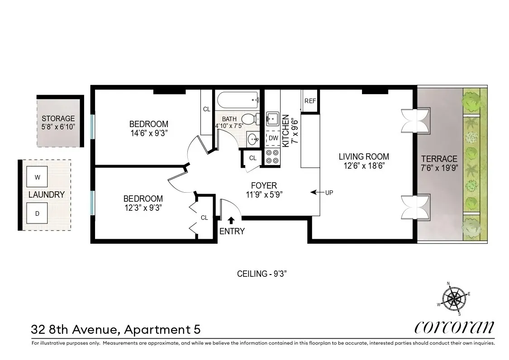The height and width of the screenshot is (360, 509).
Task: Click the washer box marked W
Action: tap(38, 177)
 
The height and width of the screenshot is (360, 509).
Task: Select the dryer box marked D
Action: tap(38, 213)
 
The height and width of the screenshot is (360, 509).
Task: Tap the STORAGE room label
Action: tap(58, 118)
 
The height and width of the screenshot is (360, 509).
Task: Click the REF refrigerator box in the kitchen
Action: tap(310, 101)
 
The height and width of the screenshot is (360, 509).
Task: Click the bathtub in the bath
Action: tap(238, 99)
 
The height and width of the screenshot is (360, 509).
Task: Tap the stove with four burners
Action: tap(272, 156)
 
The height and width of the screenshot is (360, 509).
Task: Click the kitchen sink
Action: tap(273, 119)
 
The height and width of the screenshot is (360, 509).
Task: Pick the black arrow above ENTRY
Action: tap(231, 220)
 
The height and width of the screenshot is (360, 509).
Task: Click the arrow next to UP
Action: tap(315, 193)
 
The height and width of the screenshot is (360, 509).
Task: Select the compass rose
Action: tap(454, 298)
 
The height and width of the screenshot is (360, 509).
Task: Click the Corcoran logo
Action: tap(454, 327)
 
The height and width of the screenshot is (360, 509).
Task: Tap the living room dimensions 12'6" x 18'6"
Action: tap(364, 166)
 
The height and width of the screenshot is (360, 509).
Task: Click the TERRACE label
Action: tap(439, 159)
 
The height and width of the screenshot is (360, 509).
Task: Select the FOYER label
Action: tap(264, 185)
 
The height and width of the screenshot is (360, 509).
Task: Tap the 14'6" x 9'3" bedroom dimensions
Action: tap(148, 133)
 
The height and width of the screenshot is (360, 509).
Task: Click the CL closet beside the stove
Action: tap(253, 158)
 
